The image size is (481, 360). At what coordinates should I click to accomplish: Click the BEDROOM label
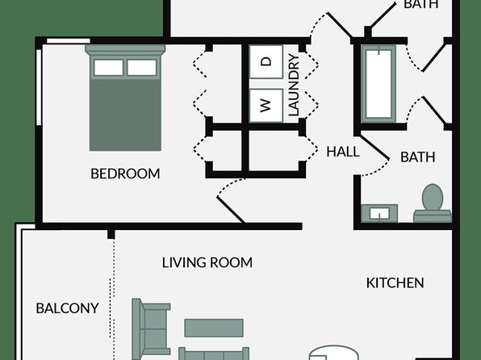pyautogui.click(x=125, y=174)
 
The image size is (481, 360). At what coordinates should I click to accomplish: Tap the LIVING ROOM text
pyautogui.click(x=207, y=262)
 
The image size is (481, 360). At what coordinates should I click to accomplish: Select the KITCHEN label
pyautogui.click(x=395, y=283)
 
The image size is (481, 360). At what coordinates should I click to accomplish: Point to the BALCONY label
pyautogui.click(x=67, y=308)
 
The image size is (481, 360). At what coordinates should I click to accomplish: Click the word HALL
pyautogui.click(x=343, y=152)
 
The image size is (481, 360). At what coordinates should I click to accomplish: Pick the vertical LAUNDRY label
pyautogui.click(x=294, y=85)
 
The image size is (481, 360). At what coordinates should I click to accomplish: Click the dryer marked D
pyautogui.click(x=266, y=62)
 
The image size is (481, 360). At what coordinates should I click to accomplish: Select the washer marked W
pyautogui.click(x=266, y=106)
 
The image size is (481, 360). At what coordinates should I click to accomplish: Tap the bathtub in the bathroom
pyautogui.click(x=379, y=84)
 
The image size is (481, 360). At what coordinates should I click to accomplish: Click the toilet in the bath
pyautogui.click(x=433, y=203)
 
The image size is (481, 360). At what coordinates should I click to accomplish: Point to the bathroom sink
pyautogui.click(x=379, y=213)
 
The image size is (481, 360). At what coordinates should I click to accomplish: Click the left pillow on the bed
pyautogui.click(x=109, y=68)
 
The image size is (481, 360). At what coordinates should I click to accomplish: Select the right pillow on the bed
pyautogui.click(x=142, y=68)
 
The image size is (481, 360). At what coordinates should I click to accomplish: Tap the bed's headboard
pyautogui.click(x=125, y=50)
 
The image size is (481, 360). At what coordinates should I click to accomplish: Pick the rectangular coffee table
pyautogui.click(x=214, y=328)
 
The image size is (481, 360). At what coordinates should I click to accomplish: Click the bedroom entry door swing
pyautogui.click(x=230, y=201)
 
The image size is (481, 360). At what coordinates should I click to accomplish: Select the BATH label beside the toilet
pyautogui.click(x=417, y=157)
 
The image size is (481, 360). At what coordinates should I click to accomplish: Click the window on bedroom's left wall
pyautogui.click(x=39, y=87)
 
